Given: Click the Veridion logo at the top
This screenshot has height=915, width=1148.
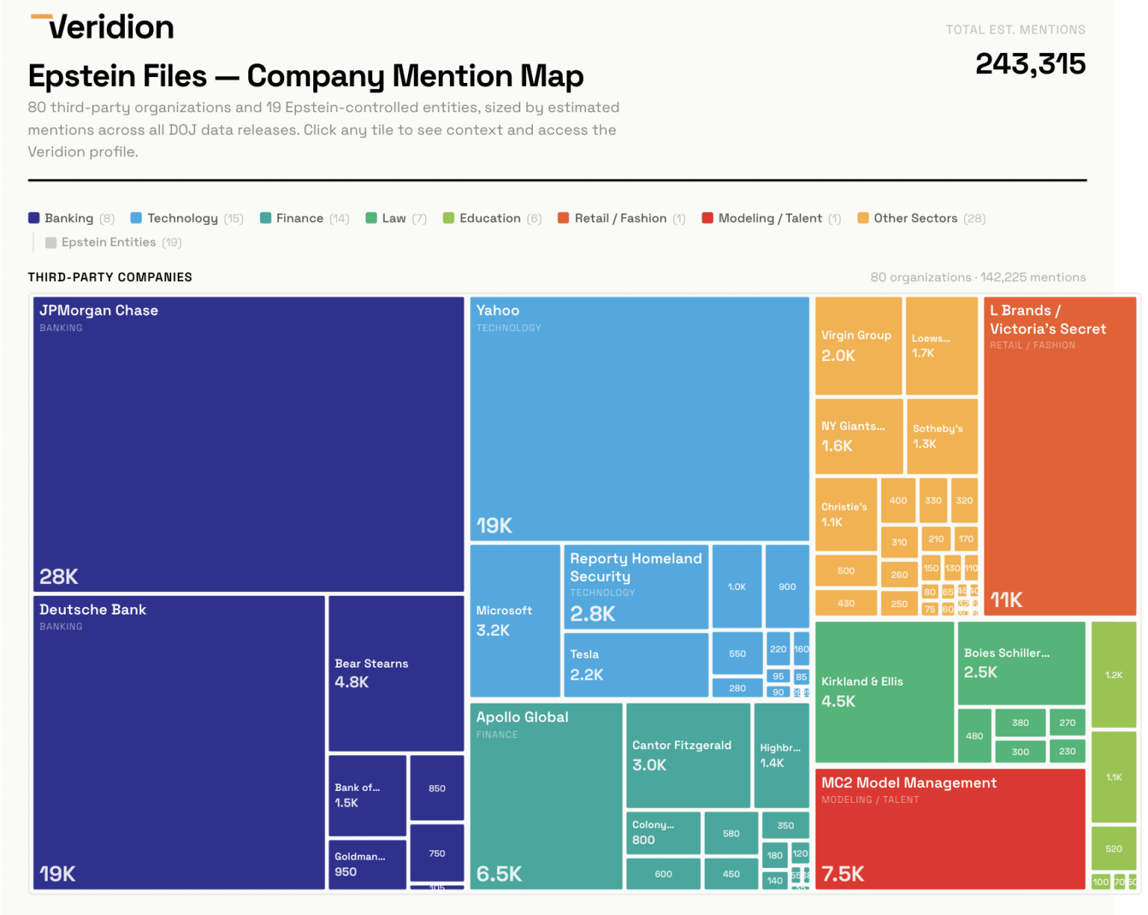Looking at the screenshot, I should [x=102, y=28].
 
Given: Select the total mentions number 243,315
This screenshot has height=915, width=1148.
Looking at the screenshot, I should [x=1030, y=64].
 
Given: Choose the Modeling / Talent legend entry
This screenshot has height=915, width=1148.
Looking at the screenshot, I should [x=771, y=218].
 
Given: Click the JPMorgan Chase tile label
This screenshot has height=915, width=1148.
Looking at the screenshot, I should [x=99, y=310].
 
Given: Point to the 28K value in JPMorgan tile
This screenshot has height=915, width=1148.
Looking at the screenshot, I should [x=59, y=576].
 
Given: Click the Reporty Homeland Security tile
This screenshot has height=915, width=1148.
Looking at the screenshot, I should [x=635, y=587].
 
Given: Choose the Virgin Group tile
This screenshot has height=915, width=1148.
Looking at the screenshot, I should [x=858, y=345].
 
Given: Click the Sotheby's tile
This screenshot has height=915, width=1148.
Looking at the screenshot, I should [x=941, y=436].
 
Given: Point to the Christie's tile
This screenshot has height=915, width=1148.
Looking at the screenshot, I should [x=845, y=514].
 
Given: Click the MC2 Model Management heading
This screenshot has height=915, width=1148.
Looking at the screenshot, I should [x=909, y=783].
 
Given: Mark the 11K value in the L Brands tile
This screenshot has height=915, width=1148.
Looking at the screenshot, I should [x=1006, y=600].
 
